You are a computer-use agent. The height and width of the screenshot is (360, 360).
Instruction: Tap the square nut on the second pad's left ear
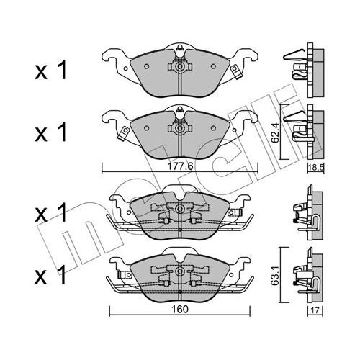(x=124, y=131)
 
